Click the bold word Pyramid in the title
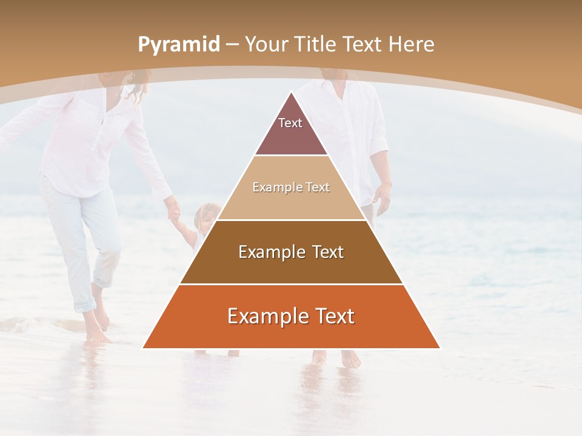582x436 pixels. (x=178, y=45)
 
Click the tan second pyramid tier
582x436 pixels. (x=291, y=188)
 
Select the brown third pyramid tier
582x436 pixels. (x=291, y=252)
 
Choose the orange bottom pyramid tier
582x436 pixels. (x=291, y=317)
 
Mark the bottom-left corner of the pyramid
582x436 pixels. (x=144, y=348)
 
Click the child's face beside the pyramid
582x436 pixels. (x=206, y=216)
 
